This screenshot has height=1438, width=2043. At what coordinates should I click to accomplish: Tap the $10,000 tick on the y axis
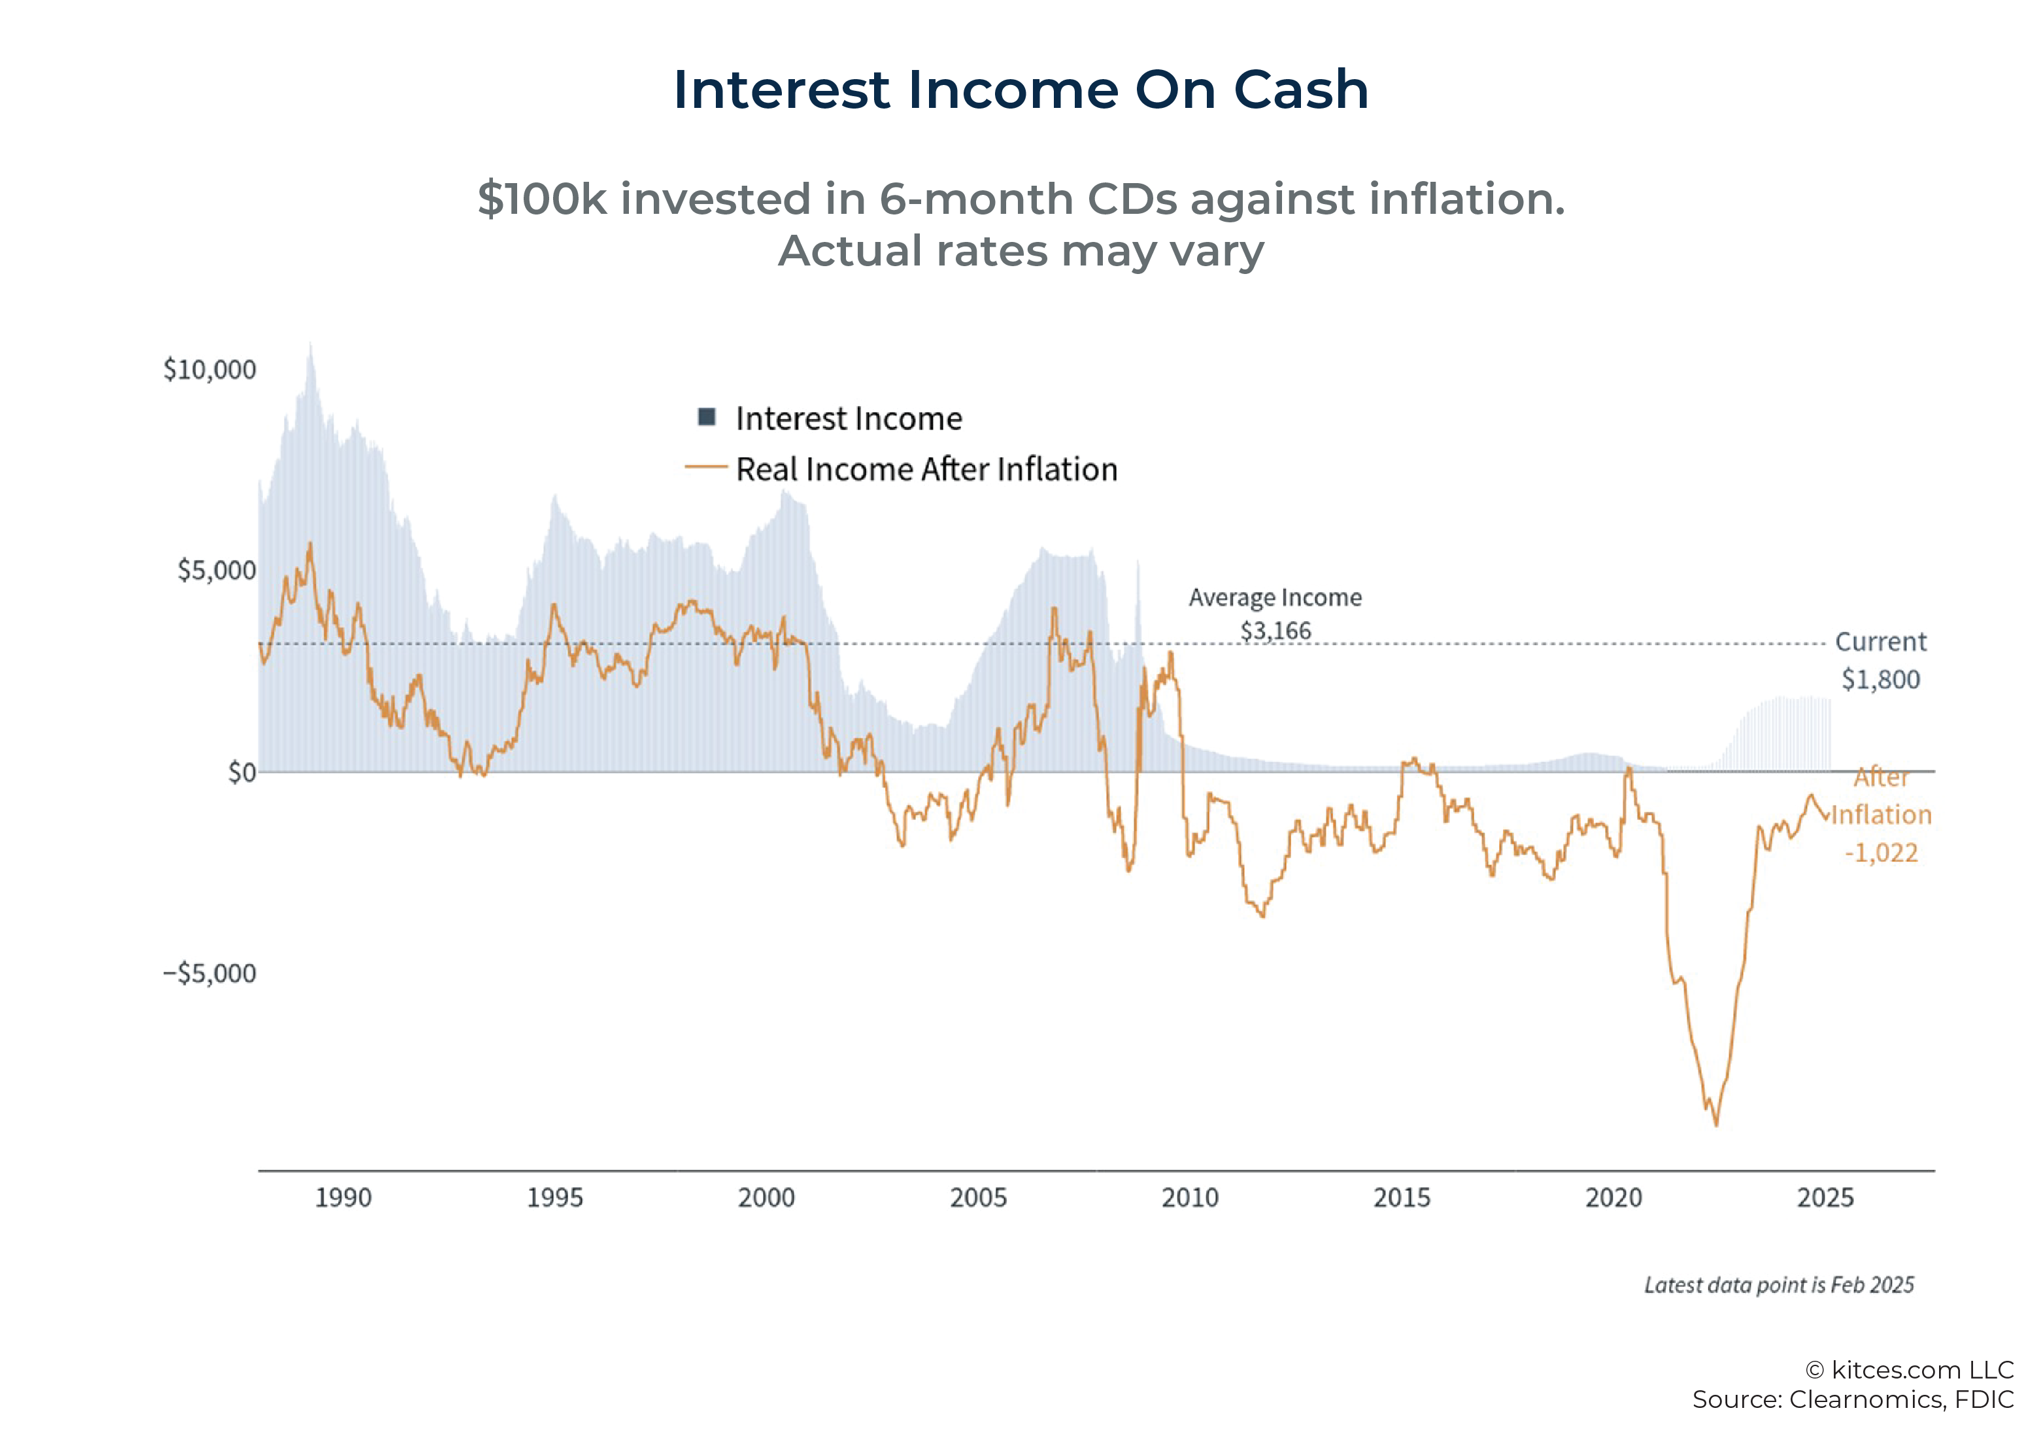pyautogui.click(x=209, y=369)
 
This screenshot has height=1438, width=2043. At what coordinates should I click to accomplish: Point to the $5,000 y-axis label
pyautogui.click(x=216, y=570)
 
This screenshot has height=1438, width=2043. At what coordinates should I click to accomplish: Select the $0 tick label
pyautogui.click(x=241, y=772)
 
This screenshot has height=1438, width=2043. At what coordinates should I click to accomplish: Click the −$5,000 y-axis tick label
pyautogui.click(x=209, y=972)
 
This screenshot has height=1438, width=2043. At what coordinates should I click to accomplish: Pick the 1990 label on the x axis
pyautogui.click(x=343, y=1198)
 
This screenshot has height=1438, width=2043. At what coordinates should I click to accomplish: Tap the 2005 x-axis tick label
pyautogui.click(x=978, y=1198)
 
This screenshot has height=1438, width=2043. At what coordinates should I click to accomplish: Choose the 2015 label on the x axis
pyautogui.click(x=1402, y=1198)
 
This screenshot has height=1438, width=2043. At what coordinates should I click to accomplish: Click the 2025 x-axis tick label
pyautogui.click(x=1825, y=1198)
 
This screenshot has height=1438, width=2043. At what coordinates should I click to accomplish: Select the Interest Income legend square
pyautogui.click(x=707, y=417)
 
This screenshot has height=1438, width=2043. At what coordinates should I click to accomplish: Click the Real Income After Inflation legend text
pyautogui.click(x=926, y=469)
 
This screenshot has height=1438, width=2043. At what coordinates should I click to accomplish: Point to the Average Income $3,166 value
pyautogui.click(x=1276, y=631)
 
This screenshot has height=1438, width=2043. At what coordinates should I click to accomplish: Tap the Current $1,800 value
pyautogui.click(x=1880, y=680)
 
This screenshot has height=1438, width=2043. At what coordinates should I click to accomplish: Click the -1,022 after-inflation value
pyautogui.click(x=1881, y=853)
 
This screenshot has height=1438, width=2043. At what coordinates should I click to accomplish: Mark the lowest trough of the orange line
pyautogui.click(x=1716, y=1125)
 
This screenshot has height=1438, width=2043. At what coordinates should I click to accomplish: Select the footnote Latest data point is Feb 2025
pyautogui.click(x=1779, y=1285)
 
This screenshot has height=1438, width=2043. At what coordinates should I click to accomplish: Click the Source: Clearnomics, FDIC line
pyautogui.click(x=1853, y=1399)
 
